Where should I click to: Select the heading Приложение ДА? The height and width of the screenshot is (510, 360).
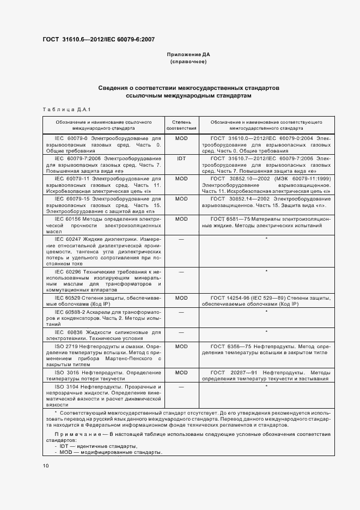click(188, 55)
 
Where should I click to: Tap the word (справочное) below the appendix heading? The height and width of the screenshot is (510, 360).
click(188, 62)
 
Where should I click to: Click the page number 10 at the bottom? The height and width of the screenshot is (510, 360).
click(46, 466)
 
